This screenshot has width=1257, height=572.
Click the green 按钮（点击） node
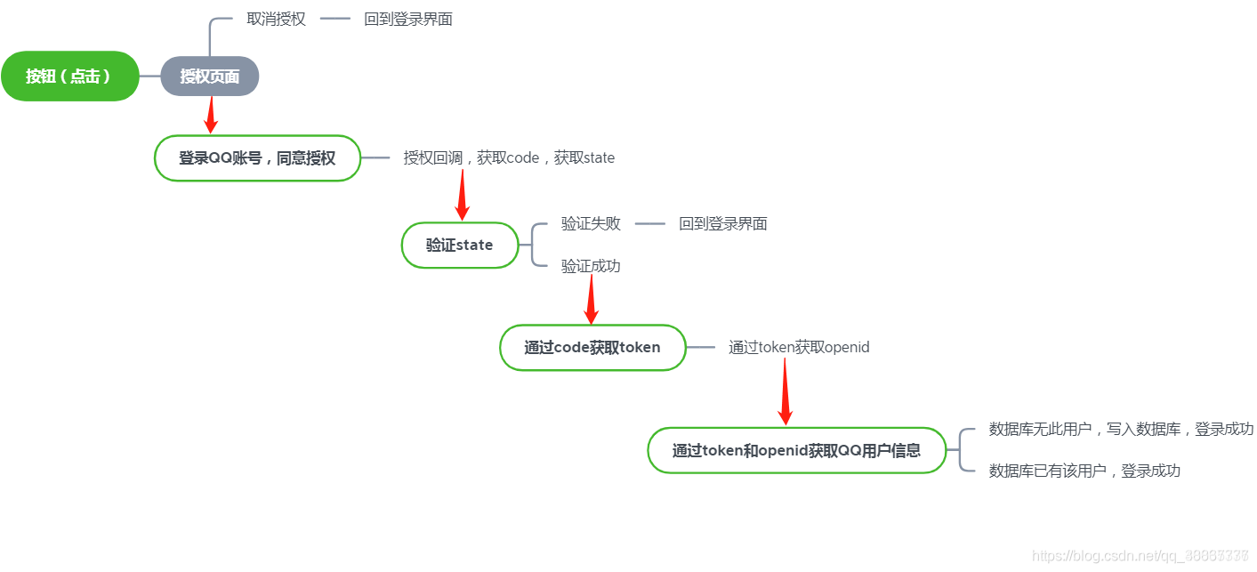tap(69, 77)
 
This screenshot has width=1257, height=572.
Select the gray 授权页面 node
tap(210, 77)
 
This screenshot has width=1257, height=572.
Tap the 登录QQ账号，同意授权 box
tap(257, 158)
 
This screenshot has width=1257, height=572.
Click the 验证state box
tap(459, 245)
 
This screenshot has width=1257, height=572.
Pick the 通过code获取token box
tap(592, 347)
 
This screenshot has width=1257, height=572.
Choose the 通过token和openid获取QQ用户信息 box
tap(796, 450)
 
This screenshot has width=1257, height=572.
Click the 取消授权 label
tap(276, 19)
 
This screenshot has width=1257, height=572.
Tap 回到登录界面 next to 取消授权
tap(408, 19)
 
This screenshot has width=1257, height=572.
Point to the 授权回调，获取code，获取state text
tap(509, 157)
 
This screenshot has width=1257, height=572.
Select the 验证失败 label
tap(591, 223)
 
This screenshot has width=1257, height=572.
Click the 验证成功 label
tap(591, 265)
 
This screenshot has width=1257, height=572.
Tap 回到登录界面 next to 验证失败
tap(722, 223)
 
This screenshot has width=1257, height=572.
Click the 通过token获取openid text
tap(799, 347)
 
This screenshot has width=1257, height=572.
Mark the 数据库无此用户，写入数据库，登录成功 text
tap(1121, 429)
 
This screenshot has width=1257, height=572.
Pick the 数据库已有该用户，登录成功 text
tap(1084, 471)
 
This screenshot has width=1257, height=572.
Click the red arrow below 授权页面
tap(211, 114)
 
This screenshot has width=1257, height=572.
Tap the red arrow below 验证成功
tap(591, 300)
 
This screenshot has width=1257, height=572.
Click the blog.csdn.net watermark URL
tap(1143, 555)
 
